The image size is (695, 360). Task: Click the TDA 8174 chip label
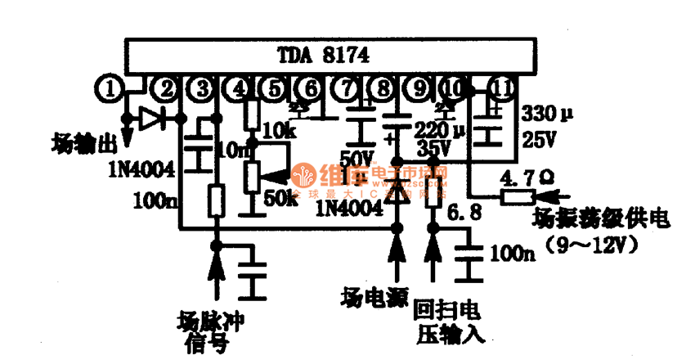tap(321, 56)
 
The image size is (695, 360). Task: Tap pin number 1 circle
tap(110, 87)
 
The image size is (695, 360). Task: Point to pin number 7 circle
tap(347, 87)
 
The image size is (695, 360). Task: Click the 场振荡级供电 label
tap(600, 218)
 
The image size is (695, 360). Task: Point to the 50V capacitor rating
tap(356, 155)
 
